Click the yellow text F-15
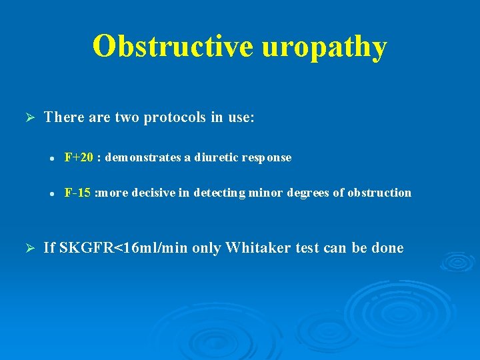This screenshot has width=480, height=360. pyautogui.click(x=77, y=193)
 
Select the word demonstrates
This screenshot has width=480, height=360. pyautogui.click(x=143, y=158)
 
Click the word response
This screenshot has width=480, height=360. pyautogui.click(x=267, y=158)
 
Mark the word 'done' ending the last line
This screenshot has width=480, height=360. pyautogui.click(x=387, y=248)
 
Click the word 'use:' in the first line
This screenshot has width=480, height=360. pyautogui.click(x=241, y=118)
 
